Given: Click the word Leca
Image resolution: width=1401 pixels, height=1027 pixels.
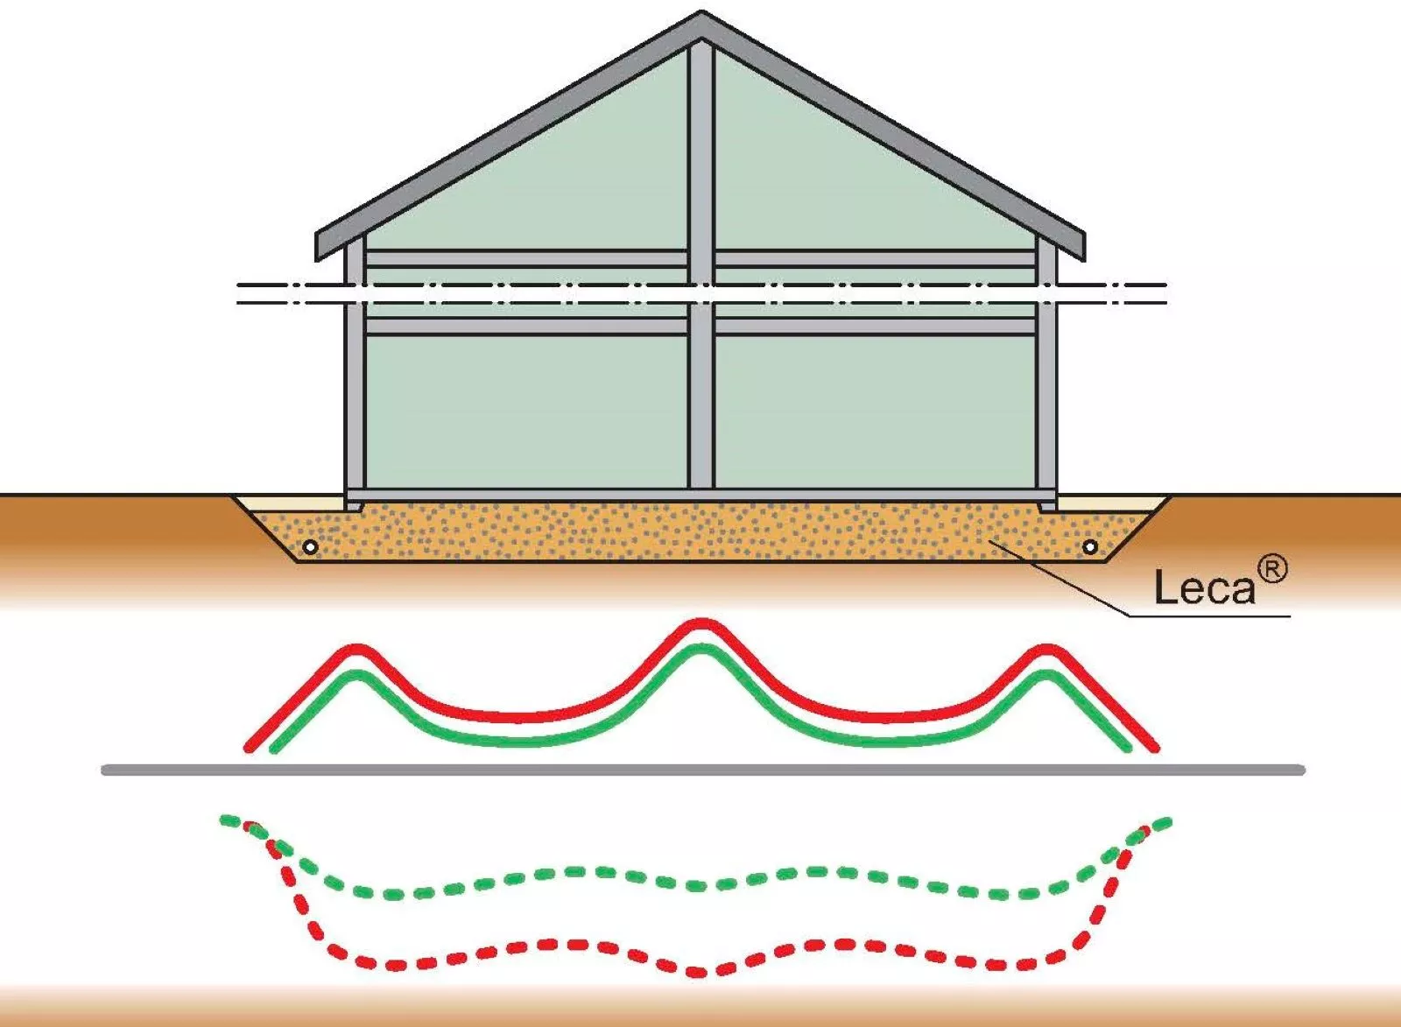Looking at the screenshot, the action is [1204, 587].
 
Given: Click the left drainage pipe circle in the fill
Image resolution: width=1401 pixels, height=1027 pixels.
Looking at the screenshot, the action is [310, 547].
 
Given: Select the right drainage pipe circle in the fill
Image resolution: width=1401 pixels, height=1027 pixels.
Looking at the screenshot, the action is [1090, 547].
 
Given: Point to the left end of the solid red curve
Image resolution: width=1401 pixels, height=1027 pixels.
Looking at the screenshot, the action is [250, 748].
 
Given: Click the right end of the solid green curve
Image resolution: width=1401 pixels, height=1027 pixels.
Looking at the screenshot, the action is [1128, 748].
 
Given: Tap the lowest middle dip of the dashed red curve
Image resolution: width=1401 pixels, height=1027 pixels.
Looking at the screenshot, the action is [700, 971].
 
